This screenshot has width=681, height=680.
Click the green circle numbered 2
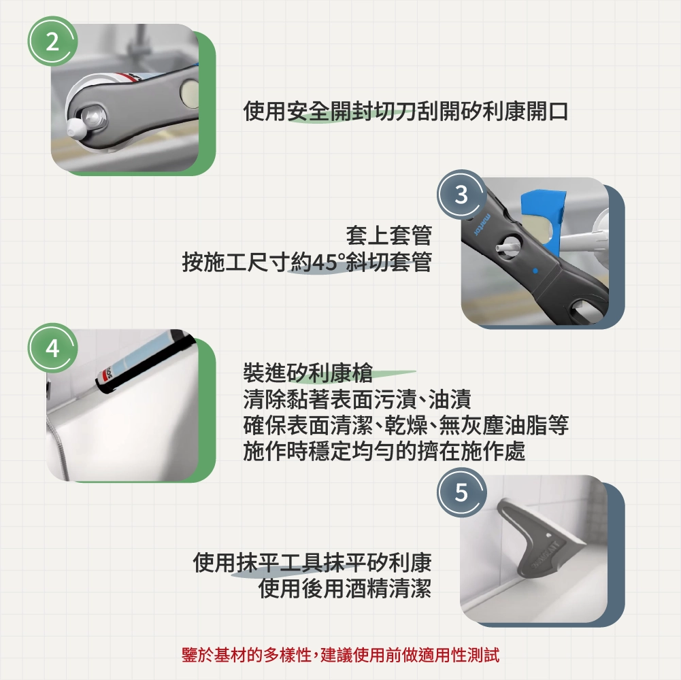[x=52, y=41]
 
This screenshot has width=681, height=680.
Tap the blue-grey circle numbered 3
[x=461, y=194]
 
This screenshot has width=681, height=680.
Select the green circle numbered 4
[x=52, y=347]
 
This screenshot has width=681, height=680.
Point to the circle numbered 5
[x=461, y=492]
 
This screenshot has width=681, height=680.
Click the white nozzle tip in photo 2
[x=75, y=128]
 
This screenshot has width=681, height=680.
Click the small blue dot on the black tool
[x=535, y=271]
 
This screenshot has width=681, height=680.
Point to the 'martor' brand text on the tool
[x=482, y=224]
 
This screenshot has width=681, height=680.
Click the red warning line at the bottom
[x=340, y=655]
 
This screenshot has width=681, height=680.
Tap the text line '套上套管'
[x=388, y=236]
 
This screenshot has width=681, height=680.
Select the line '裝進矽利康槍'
[x=308, y=373]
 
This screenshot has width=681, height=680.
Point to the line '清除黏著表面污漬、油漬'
[x=357, y=399]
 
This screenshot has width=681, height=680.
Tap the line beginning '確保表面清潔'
[x=405, y=425]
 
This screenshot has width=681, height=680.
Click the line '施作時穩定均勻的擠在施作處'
[x=384, y=451]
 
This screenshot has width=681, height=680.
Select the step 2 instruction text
[x=405, y=111]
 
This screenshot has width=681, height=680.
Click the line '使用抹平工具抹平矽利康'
[x=312, y=563]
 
